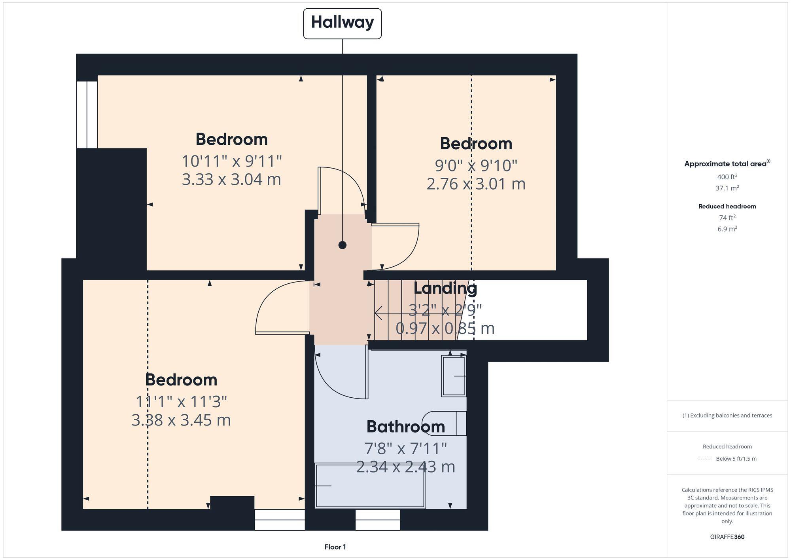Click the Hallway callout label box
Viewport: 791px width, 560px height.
coord(342,23)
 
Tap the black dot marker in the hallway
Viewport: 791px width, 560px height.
coord(343,245)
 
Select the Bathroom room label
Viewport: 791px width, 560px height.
coord(405,427)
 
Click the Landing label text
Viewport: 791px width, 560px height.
coord(445,288)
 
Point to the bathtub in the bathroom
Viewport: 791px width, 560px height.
coord(370,486)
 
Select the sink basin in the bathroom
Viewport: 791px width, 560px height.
coord(454,376)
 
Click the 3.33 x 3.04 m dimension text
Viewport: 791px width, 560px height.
coord(231,179)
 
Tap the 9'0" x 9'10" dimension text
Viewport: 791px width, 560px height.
coord(476,165)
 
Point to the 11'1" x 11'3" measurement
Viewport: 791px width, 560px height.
coord(181,402)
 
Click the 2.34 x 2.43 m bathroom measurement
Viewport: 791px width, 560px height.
coord(405,467)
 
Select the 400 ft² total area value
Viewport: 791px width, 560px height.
coord(727,177)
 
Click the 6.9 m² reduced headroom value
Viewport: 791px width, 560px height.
coord(727,229)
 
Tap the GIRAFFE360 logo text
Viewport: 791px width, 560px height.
coord(727,537)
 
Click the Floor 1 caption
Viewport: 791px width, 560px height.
coord(335,547)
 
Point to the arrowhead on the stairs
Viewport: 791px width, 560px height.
coord(377,313)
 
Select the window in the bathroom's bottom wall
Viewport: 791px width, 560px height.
coord(378,520)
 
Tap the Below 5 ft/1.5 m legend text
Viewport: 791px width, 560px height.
coord(736,459)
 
